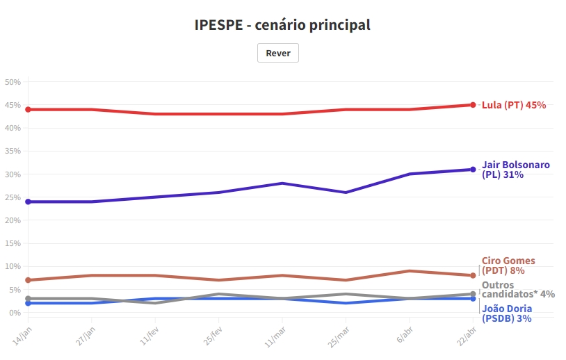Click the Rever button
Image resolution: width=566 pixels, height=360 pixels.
278,53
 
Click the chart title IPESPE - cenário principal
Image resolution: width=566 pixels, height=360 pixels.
282,25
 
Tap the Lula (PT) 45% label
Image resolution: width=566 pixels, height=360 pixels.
514,105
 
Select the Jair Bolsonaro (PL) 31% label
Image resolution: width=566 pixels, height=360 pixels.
515,170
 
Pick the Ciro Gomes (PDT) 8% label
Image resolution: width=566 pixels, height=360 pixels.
508,265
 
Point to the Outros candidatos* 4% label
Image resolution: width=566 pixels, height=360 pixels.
518,289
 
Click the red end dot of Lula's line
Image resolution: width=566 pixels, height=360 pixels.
473,105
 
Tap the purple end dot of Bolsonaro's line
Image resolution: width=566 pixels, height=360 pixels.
473,170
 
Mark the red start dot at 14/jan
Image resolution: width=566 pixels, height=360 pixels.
28,109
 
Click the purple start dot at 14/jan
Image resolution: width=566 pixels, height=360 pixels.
28,202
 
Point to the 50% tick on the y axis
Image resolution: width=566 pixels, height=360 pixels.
13,82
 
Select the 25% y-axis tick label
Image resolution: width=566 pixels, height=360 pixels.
13,197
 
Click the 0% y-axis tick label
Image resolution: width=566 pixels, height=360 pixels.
15,313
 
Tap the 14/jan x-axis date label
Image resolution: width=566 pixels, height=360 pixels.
23,333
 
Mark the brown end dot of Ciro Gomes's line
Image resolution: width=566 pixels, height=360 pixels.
473,275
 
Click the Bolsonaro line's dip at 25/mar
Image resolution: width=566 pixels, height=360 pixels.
346,192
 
